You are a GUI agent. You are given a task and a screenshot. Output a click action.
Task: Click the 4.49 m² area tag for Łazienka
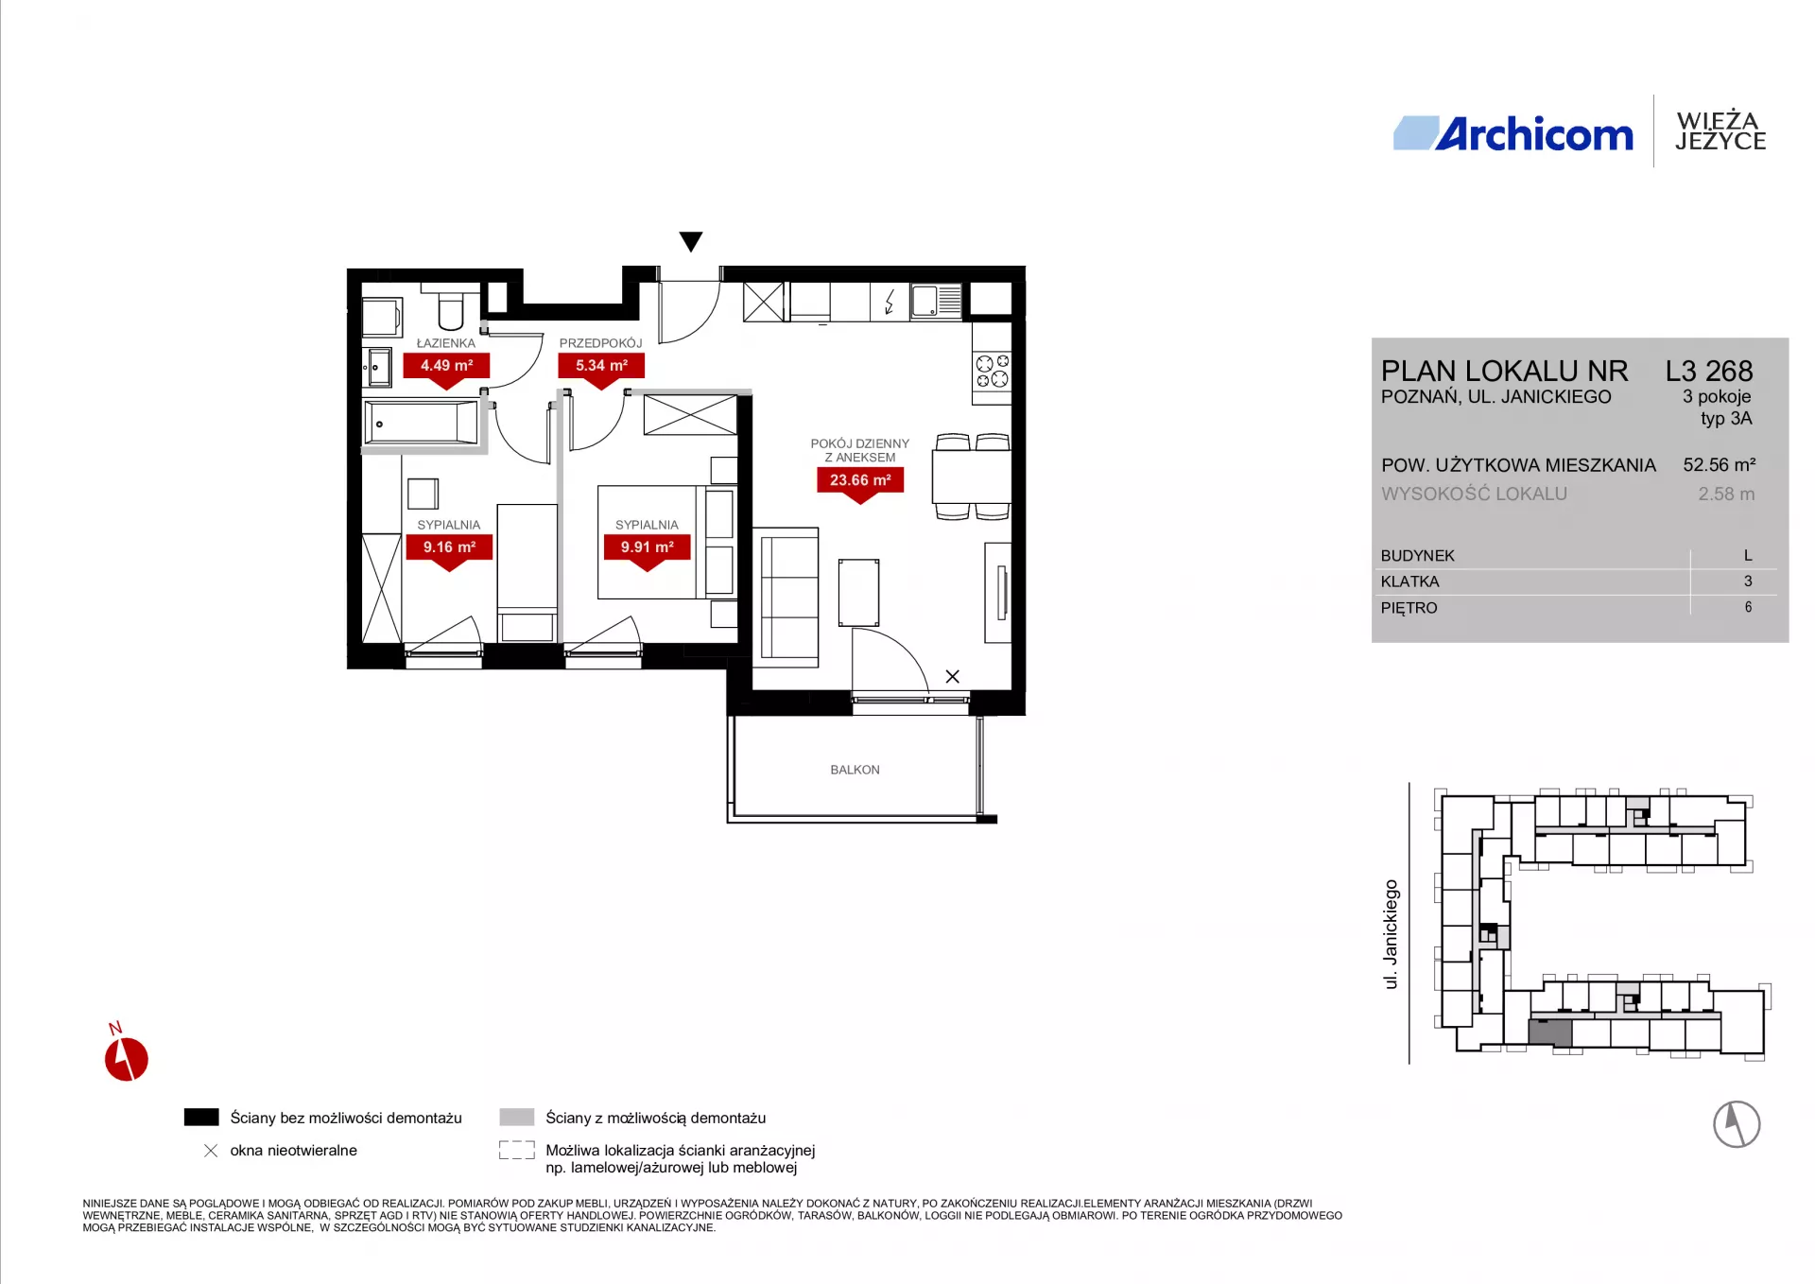point(446,366)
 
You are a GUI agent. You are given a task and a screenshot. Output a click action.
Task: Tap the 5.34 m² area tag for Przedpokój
point(601,366)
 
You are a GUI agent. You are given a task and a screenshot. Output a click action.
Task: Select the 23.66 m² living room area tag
point(860,480)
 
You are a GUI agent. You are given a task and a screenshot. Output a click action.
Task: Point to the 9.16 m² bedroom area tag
point(449,547)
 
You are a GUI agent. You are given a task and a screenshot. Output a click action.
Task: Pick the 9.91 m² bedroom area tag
point(647,547)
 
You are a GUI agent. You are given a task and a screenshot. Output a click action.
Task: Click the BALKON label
point(855,770)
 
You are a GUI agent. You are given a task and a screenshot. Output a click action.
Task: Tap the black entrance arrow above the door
point(691,242)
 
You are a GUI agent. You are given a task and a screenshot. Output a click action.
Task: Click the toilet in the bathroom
point(451,307)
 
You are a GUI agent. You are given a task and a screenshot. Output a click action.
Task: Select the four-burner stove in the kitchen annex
point(993,371)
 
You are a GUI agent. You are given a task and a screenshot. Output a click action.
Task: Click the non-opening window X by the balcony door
point(953,676)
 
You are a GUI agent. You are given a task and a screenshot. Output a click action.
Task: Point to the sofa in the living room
point(786,597)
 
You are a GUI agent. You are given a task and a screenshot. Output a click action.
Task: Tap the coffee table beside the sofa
point(858,593)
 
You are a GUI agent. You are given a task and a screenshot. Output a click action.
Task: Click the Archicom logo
point(1513,134)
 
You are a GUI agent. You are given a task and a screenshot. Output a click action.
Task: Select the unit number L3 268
point(1709,371)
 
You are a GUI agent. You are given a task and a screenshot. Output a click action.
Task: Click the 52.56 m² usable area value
point(1720,465)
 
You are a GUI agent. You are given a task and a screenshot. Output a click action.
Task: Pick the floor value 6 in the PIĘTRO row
point(1748,607)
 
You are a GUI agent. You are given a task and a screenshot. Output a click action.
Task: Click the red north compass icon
point(126,1056)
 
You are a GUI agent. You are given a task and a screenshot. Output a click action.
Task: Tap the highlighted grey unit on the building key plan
point(1550,1032)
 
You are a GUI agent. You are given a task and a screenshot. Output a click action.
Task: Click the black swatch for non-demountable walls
point(201,1117)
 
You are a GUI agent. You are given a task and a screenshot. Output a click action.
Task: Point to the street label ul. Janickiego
point(1391,934)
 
